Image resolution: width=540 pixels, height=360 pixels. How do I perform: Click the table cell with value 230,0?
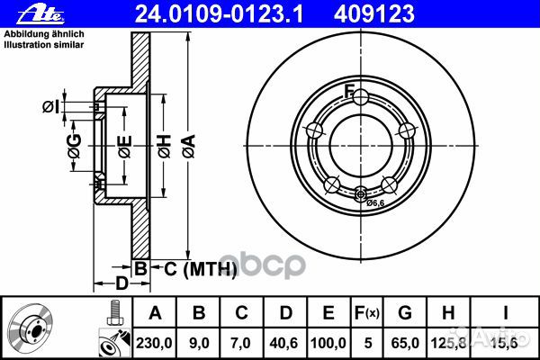pos(158,340)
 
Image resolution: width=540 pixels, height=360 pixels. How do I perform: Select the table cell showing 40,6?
pos(286,340)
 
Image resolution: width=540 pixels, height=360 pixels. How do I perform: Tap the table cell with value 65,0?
pos(405,340)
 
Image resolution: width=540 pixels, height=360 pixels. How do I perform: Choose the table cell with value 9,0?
pos(201,340)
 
